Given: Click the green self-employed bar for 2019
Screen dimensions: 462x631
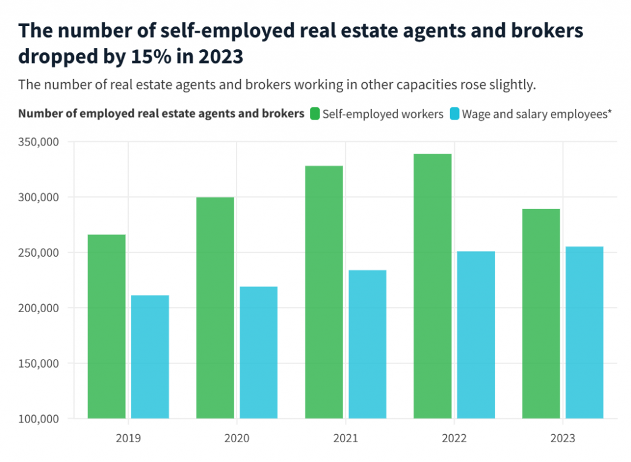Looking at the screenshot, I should coord(107,326).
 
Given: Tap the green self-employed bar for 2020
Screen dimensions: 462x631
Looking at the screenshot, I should coord(215,308).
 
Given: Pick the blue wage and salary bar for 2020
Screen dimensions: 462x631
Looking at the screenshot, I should coord(258,352).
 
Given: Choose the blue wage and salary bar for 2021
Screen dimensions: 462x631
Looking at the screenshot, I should coord(367,344).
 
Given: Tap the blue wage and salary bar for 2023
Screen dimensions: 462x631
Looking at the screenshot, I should coord(584,332).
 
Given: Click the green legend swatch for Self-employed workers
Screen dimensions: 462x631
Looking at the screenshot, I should coord(315,114).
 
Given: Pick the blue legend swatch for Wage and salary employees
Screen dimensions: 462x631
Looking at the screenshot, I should coord(455,114).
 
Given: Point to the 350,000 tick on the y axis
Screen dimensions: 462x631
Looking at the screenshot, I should coord(41,142).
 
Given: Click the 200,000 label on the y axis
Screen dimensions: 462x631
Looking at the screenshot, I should coord(41,308).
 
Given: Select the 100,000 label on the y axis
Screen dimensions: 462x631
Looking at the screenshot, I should coord(41,419).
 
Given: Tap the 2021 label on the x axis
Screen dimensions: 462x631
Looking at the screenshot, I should coord(346,439).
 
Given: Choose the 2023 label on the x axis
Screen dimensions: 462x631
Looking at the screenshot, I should coord(563,439).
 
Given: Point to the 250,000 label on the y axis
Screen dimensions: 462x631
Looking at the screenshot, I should coord(41,253).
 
